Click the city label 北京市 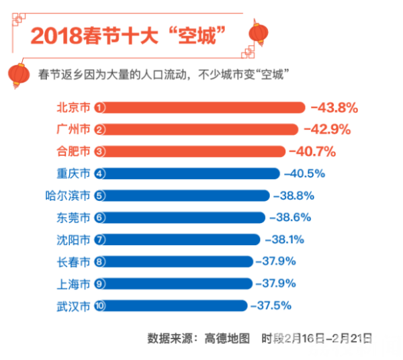[x=73, y=107]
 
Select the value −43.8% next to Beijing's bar [x=334, y=107]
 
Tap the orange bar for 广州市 [x=201, y=129]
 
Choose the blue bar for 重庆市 [x=191, y=173]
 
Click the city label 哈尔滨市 [x=67, y=195]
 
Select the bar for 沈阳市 [x=181, y=240]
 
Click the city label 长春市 [x=73, y=262]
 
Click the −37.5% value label [x=271, y=306]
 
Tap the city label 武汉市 [x=73, y=306]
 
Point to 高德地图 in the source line [x=226, y=336]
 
